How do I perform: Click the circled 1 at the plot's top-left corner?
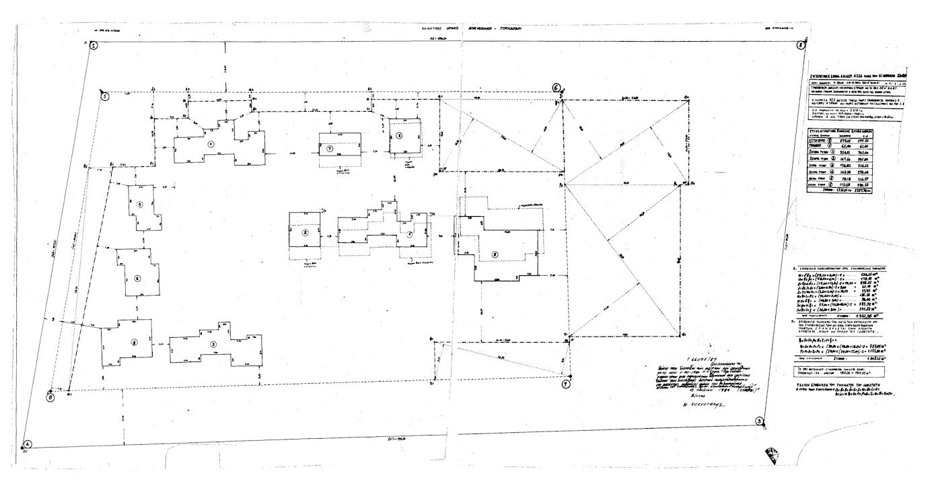pos(94,46)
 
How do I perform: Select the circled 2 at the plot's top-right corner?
pos(800,46)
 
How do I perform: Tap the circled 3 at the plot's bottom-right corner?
pos(759,422)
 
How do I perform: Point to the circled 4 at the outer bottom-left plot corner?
pos(28,444)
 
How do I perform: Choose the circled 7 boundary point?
pos(565,383)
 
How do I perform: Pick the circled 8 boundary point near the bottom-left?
pos(50,397)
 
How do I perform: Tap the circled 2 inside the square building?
pos(305,233)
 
